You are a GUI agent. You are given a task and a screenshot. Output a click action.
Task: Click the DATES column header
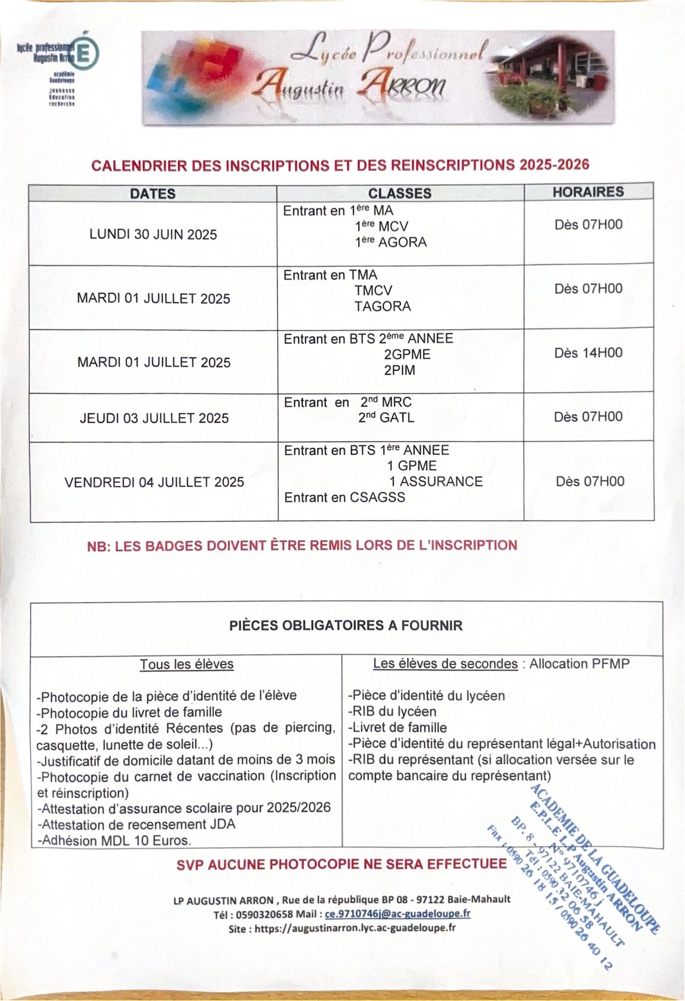point(153,194)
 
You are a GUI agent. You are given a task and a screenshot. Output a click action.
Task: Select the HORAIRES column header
point(588,192)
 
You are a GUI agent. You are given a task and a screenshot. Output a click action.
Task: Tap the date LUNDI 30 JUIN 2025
point(153,235)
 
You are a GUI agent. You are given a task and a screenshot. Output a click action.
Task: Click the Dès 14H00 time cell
point(588,353)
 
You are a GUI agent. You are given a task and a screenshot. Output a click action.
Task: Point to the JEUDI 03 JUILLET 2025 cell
point(154,418)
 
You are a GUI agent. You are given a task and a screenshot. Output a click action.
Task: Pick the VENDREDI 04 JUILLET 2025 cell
point(154,482)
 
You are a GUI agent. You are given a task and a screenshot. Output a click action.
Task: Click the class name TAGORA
point(383,306)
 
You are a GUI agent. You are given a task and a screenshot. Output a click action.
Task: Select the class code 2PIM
point(399,370)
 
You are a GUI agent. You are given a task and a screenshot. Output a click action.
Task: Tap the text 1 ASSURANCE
point(435,481)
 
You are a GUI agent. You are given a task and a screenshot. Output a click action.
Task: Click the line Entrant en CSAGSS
point(344,498)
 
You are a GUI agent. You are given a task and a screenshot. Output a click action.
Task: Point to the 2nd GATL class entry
point(386,418)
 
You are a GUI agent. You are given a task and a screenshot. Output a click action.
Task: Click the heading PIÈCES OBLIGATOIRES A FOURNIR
point(346,626)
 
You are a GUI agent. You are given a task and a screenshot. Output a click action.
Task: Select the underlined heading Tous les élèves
point(186,664)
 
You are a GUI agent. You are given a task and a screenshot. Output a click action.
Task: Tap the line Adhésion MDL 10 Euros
point(114,841)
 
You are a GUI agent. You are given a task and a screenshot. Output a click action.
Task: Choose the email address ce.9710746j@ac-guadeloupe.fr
point(397,913)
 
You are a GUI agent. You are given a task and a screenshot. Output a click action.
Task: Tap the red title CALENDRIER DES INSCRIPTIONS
point(340,165)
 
